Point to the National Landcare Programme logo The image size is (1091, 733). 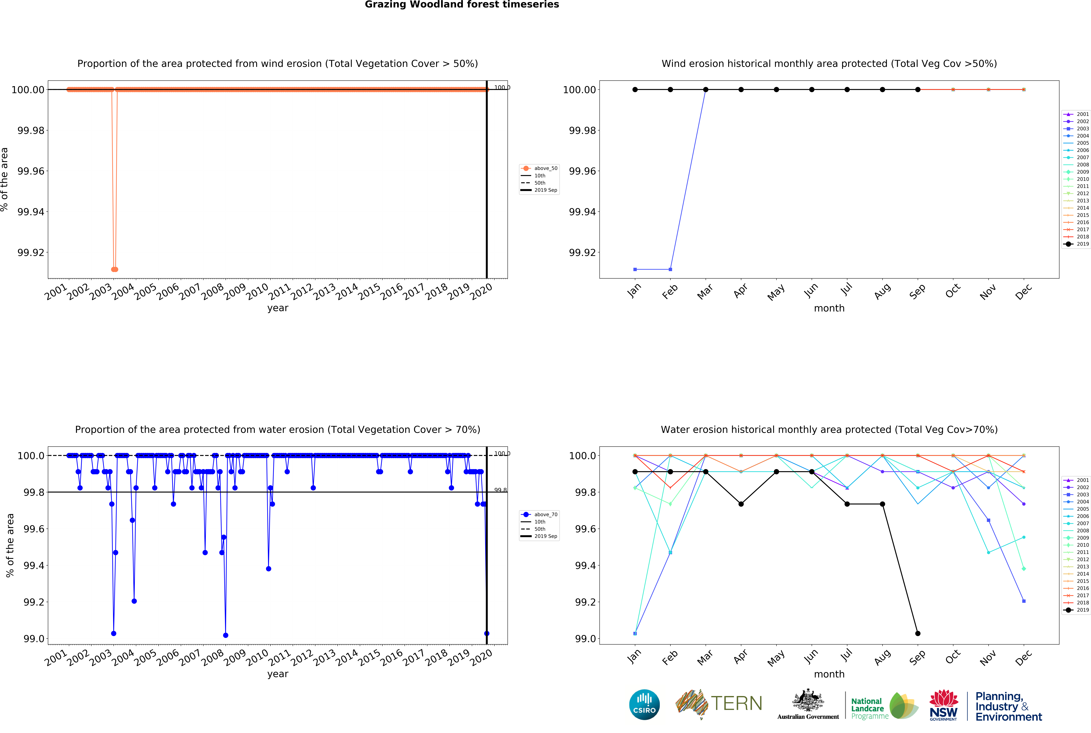pos(884,706)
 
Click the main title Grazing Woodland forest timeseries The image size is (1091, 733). pos(462,5)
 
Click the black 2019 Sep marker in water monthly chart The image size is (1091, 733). pos(917,633)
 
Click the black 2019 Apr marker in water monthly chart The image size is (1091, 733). pos(741,504)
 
